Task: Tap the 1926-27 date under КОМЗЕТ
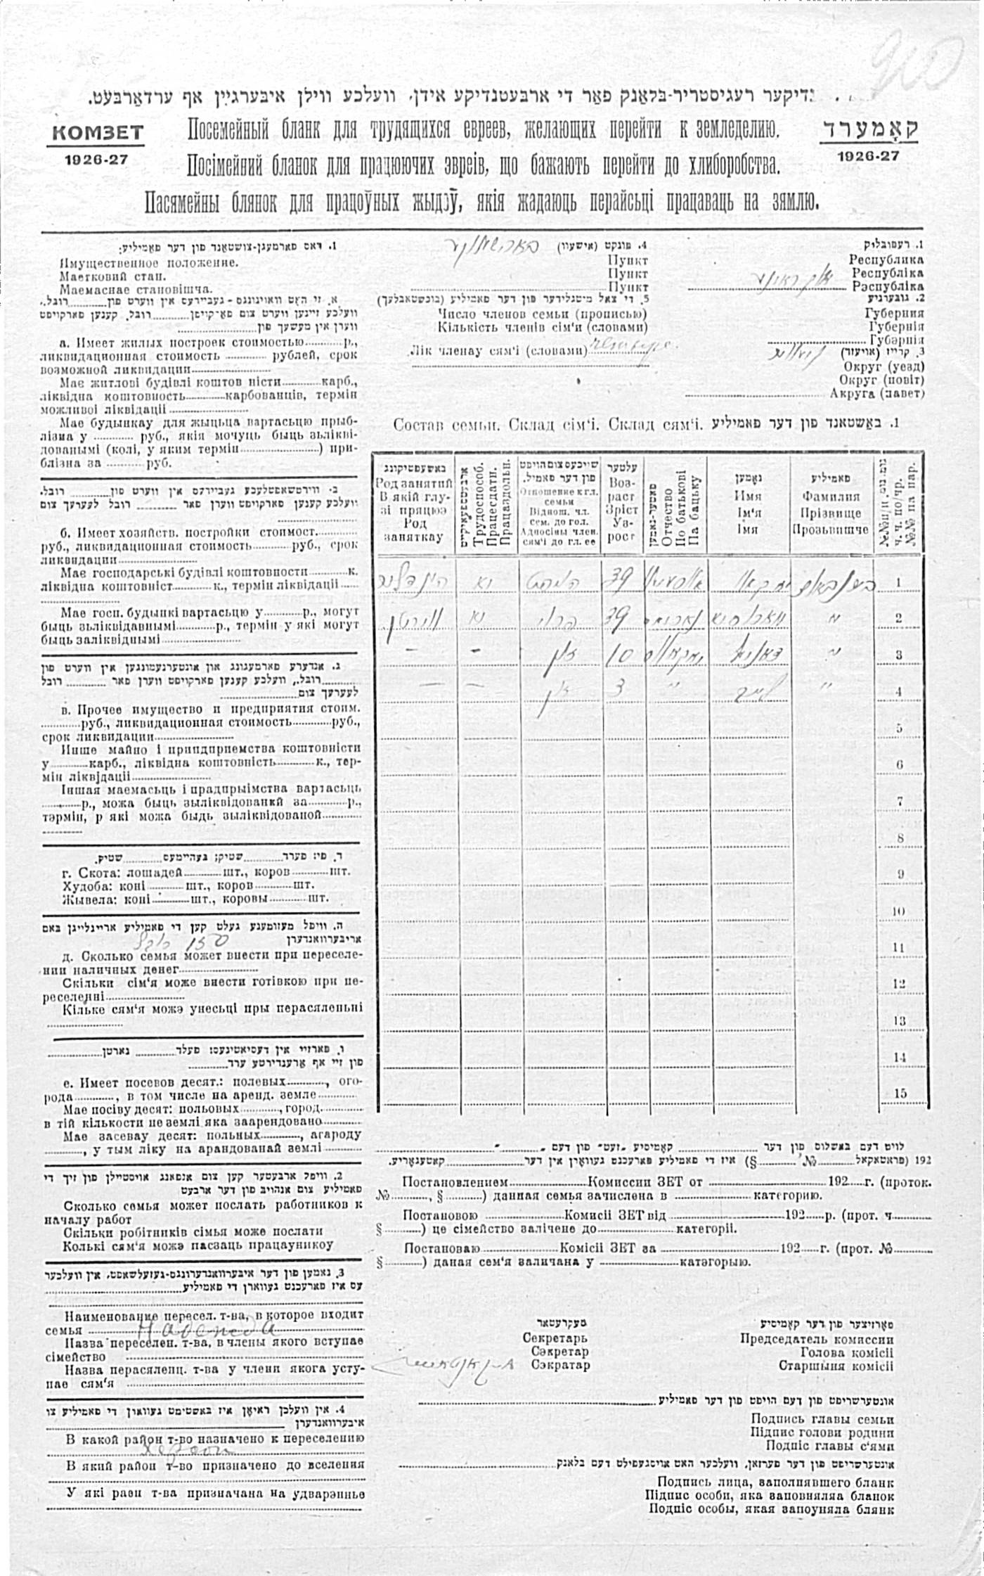[96, 159]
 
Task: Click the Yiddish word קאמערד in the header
[869, 130]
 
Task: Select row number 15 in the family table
[899, 1093]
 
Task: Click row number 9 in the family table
[899, 874]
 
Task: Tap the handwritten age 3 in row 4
[619, 690]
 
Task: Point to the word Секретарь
[555, 1339]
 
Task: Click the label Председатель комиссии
[816, 1339]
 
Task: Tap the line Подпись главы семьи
[822, 1418]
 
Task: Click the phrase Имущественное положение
[148, 262]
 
